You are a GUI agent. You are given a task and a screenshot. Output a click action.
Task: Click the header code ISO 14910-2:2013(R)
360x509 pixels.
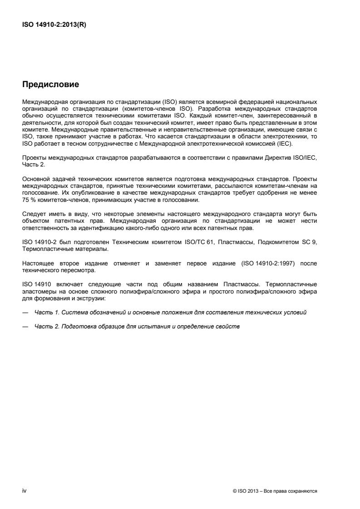click(54, 25)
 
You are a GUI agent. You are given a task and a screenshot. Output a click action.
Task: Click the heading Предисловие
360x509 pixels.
click(51, 84)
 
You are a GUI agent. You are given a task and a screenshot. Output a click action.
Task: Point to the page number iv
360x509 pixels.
click(24, 491)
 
